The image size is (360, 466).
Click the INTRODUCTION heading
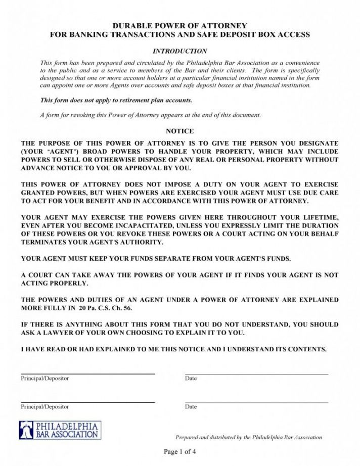click(x=180, y=51)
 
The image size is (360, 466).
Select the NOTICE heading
click(x=180, y=131)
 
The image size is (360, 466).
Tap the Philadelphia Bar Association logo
click(x=60, y=430)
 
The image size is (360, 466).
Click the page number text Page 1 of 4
click(x=179, y=452)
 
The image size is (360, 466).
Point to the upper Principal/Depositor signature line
click(x=87, y=374)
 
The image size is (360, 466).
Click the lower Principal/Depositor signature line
click(x=87, y=402)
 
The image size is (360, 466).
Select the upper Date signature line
click(x=256, y=374)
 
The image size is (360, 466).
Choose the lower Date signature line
click(x=256, y=402)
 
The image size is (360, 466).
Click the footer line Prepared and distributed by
click(x=248, y=437)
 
